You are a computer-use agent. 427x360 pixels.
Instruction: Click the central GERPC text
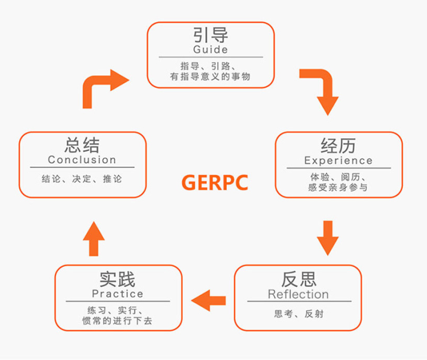click(213, 182)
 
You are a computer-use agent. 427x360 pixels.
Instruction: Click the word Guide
click(211, 49)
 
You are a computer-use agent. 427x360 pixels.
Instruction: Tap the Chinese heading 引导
click(211, 35)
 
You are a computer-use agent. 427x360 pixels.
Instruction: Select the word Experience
click(338, 160)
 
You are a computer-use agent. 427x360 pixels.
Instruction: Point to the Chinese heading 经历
click(338, 146)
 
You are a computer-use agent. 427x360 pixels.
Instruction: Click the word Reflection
click(298, 294)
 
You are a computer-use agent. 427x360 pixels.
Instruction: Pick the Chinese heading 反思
click(298, 279)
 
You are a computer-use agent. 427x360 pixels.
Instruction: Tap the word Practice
click(117, 294)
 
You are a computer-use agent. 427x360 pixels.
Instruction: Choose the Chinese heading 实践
click(117, 279)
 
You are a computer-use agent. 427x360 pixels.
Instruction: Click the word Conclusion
click(82, 160)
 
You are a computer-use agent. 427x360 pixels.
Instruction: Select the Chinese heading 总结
click(82, 145)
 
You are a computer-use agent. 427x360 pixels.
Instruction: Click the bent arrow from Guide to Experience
click(321, 90)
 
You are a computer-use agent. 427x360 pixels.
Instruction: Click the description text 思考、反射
click(298, 313)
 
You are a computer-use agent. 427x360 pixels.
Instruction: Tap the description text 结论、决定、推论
click(82, 178)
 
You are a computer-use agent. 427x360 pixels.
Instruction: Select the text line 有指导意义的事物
click(211, 77)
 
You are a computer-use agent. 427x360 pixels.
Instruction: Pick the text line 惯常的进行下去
click(117, 321)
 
